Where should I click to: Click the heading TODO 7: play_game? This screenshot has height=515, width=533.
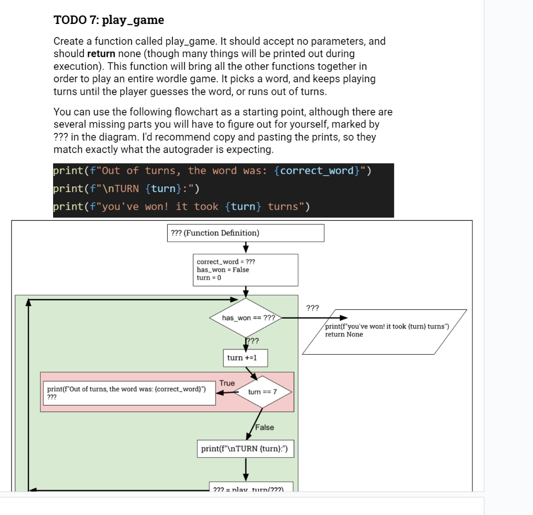click(109, 20)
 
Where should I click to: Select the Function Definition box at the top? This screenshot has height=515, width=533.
click(245, 233)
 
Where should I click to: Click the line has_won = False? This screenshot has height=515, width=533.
click(223, 270)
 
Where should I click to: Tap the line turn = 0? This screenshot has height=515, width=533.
click(209, 278)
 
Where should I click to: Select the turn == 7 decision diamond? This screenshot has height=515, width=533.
click(263, 392)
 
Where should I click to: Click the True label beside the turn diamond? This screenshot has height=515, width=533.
click(227, 383)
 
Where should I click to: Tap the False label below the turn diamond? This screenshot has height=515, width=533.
click(264, 428)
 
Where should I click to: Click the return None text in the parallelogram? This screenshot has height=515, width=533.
click(344, 334)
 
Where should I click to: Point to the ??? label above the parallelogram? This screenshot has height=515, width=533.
click(312, 308)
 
